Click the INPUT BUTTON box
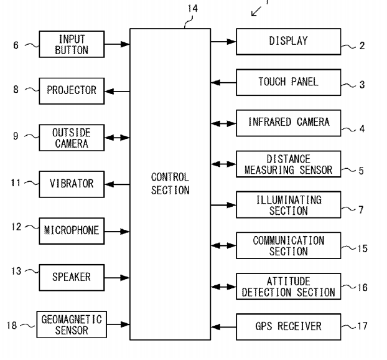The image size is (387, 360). click(x=72, y=44)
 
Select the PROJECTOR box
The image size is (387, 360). click(x=72, y=90)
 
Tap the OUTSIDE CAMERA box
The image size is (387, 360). click(x=72, y=137)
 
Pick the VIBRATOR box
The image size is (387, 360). click(x=72, y=184)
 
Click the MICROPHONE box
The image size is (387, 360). click(x=72, y=230)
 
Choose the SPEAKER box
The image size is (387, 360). click(x=72, y=276)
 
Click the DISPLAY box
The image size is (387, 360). click(x=288, y=42)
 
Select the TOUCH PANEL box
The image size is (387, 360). click(x=288, y=82)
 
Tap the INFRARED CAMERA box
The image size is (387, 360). click(x=288, y=122)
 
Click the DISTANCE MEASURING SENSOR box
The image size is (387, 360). click(x=288, y=164)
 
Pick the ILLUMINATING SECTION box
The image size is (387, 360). click(x=288, y=205)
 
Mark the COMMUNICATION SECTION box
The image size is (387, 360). click(x=288, y=245)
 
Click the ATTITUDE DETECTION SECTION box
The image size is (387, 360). click(x=288, y=286)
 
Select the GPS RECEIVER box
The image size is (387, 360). click(x=288, y=325)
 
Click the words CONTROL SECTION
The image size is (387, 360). click(x=170, y=184)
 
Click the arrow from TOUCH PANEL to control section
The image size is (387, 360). click(x=223, y=82)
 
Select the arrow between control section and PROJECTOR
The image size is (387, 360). click(x=116, y=91)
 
